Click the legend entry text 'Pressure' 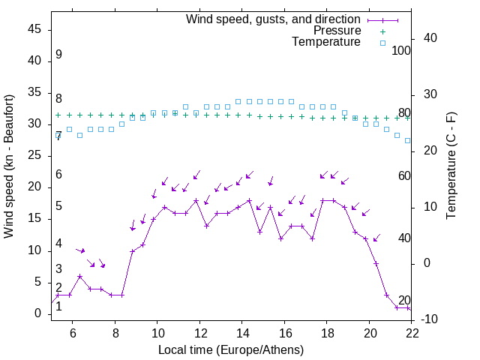[337, 31]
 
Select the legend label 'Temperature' [326, 42]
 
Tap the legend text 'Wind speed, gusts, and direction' [274, 19]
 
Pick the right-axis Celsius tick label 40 [430, 38]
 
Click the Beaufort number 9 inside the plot [58, 55]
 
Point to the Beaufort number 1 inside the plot [58, 306]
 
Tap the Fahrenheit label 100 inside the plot [402, 50]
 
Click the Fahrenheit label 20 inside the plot [404, 301]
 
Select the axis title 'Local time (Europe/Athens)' [231, 349]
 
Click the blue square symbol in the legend [382, 43]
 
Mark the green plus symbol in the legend [382, 31]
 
